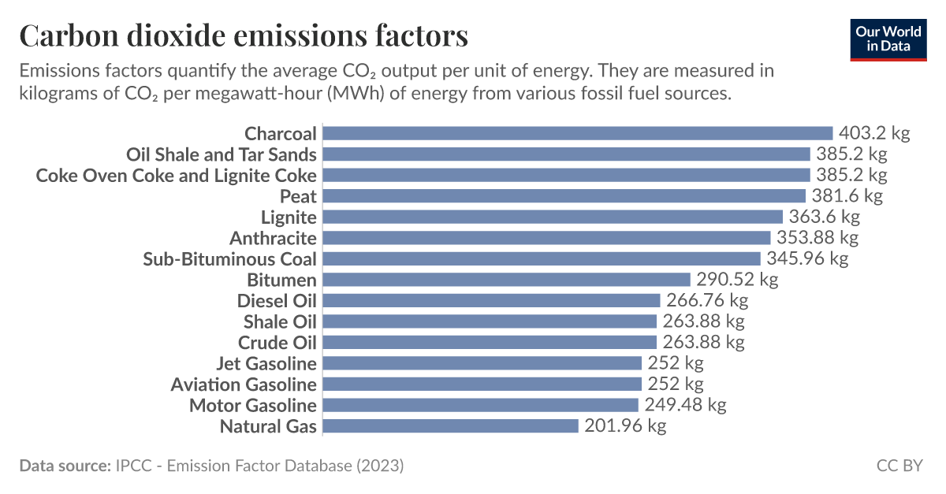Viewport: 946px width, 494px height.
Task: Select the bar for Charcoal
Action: point(578,133)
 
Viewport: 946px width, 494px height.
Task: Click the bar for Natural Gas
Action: point(451,426)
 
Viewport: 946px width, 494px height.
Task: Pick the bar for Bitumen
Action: point(507,280)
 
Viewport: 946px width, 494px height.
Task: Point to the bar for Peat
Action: point(564,196)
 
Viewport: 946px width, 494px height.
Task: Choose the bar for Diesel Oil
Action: point(492,300)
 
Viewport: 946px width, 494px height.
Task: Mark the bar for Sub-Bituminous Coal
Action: point(542,258)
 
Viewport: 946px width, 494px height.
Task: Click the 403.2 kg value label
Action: point(874,133)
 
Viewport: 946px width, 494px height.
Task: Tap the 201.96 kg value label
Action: point(625,426)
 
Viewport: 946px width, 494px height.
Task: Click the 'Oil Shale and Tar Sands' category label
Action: point(222,154)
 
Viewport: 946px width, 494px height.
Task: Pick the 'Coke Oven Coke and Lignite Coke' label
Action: point(177,175)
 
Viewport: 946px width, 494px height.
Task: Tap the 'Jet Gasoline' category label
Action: point(266,363)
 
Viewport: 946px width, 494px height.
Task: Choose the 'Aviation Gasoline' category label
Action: point(244,384)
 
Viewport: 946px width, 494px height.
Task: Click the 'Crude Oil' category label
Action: point(277,343)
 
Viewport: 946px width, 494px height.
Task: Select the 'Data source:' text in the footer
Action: point(65,466)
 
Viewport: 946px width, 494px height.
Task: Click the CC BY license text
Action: point(899,466)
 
